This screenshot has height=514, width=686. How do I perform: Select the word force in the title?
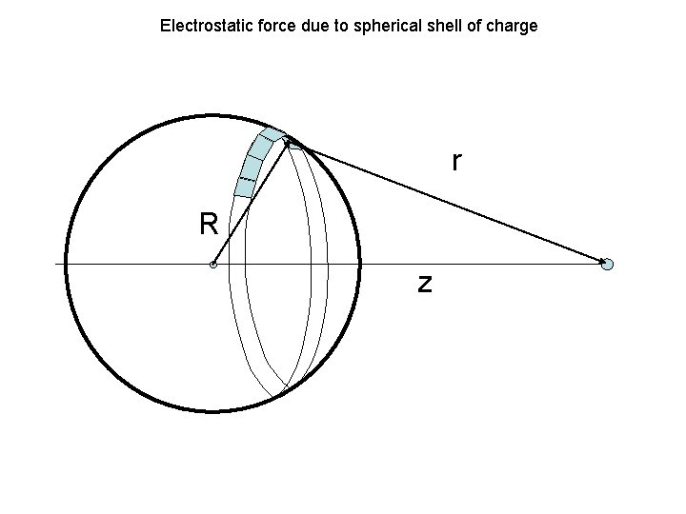[x=266, y=26]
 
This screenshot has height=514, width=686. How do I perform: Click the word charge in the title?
[x=512, y=26]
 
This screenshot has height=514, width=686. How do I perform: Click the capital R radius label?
[x=209, y=225]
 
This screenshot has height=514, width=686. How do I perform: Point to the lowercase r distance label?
[x=457, y=163]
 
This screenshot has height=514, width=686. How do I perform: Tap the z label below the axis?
[x=425, y=283]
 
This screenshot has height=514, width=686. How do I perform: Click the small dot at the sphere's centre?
[x=213, y=265]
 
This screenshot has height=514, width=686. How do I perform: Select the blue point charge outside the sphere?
[x=608, y=265]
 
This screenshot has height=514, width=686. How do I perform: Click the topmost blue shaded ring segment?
[x=272, y=134]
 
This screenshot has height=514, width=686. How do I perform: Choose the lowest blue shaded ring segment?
[x=245, y=188]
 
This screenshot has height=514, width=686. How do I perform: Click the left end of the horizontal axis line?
[x=56, y=263]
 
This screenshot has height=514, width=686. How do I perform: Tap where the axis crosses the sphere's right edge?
[x=360, y=263]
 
